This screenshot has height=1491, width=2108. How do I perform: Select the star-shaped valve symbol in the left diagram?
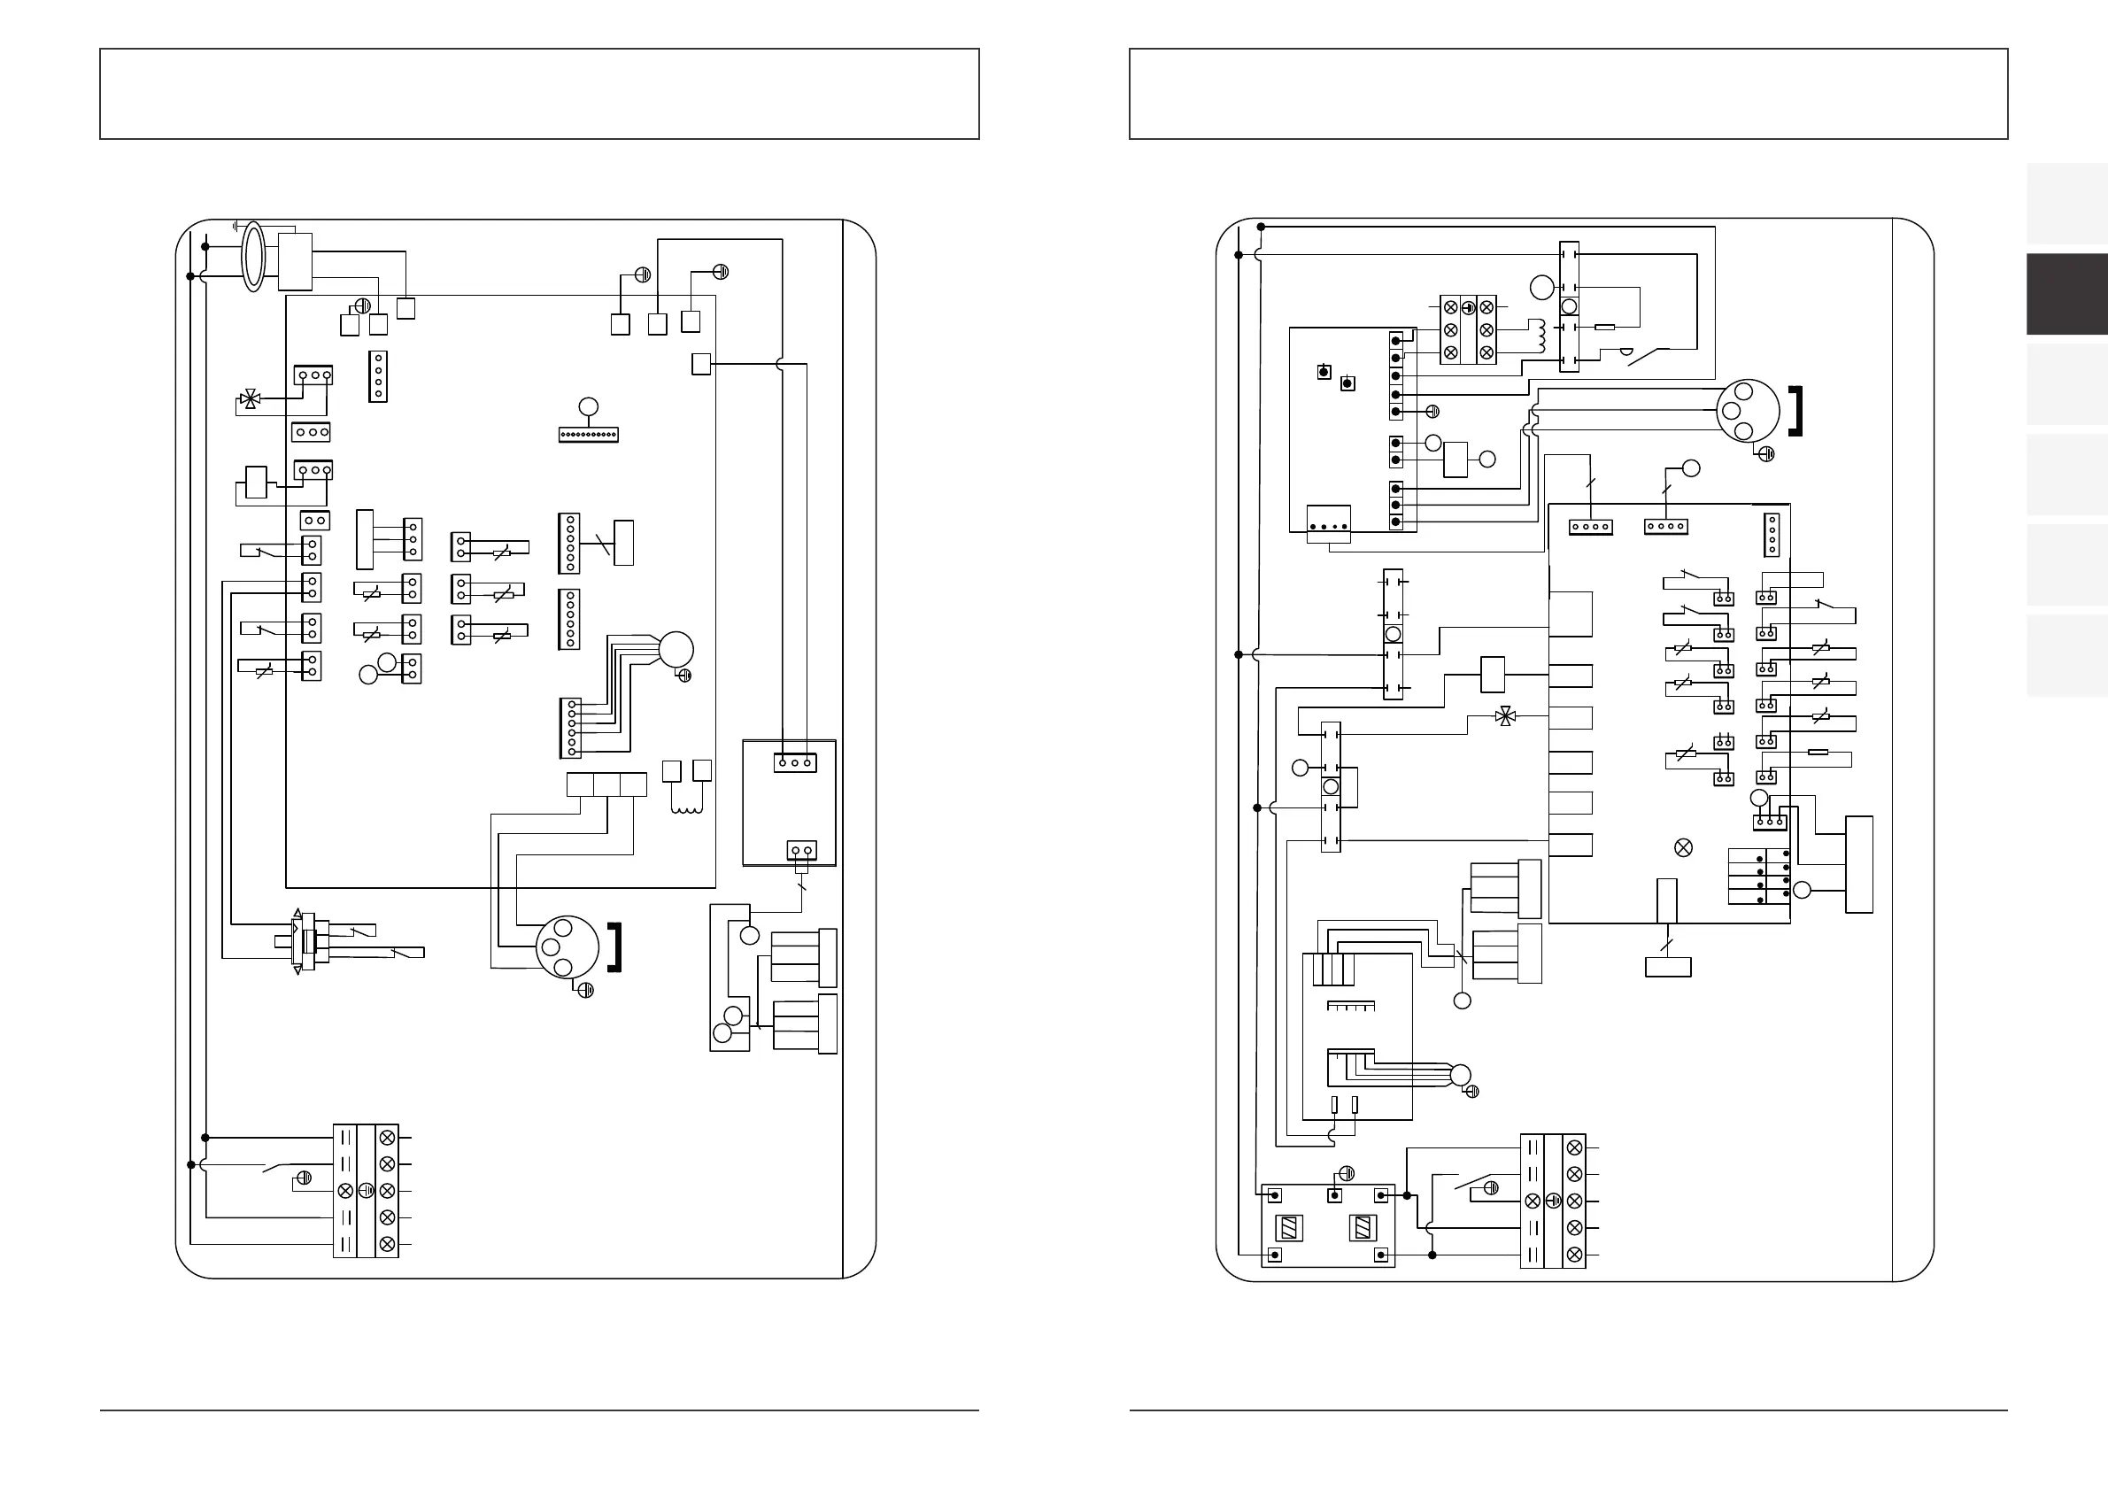coord(248,399)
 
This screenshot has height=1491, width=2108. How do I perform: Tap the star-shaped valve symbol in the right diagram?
coord(1505,716)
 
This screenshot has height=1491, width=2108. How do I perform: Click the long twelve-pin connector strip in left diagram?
coord(589,434)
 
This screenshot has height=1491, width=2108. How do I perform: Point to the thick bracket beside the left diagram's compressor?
coord(616,946)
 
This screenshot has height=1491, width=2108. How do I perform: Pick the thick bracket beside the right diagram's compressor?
coord(1795,412)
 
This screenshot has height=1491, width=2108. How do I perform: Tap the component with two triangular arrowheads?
coord(297,941)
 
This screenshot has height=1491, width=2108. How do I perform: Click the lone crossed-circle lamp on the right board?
coord(1684,847)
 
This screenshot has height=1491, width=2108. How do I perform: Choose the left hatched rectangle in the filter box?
coord(1289,1227)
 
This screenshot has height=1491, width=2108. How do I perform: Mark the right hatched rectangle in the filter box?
coord(1363,1227)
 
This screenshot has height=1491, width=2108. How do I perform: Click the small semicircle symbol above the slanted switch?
coord(1625,351)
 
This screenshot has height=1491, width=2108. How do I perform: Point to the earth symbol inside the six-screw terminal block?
coord(1467,307)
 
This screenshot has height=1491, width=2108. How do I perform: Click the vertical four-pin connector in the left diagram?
coord(377,376)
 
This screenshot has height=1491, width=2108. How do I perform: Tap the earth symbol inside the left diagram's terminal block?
coord(366,1191)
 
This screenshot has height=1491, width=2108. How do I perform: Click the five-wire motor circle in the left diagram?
coord(676,650)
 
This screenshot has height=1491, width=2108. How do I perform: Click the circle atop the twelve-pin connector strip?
coord(589,406)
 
